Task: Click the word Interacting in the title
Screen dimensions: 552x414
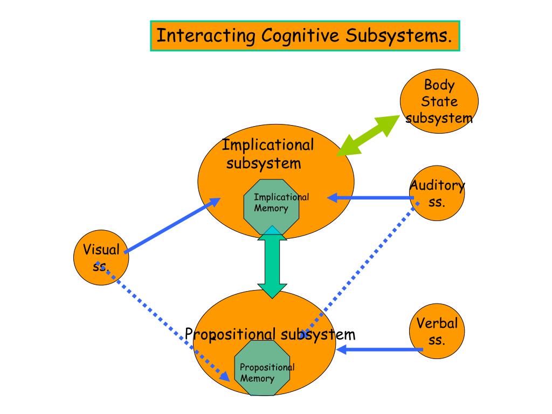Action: pyautogui.click(x=206, y=36)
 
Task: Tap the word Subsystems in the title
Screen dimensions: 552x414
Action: pyautogui.click(x=398, y=36)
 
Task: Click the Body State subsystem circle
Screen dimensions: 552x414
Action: pyautogui.click(x=439, y=101)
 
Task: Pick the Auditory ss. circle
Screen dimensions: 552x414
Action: pyautogui.click(x=437, y=194)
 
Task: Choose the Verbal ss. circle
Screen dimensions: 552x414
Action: pyautogui.click(x=437, y=332)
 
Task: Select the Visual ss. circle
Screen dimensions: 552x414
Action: pyautogui.click(x=101, y=258)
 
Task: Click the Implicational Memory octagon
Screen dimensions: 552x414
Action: pyautogui.click(x=272, y=207)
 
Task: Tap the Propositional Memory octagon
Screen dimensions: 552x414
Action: pyautogui.click(x=263, y=368)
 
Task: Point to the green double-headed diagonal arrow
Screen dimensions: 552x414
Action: pyautogui.click(x=368, y=135)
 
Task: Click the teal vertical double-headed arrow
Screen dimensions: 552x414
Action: pyautogui.click(x=272, y=263)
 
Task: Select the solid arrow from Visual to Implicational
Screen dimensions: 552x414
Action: pyautogui.click(x=172, y=225)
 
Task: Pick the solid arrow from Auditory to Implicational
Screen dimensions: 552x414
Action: pyautogui.click(x=371, y=198)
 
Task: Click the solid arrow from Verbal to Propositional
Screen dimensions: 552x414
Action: pyautogui.click(x=379, y=349)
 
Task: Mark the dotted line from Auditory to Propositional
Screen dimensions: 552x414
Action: pyautogui.click(x=359, y=270)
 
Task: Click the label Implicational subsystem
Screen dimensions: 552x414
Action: pyautogui.click(x=268, y=154)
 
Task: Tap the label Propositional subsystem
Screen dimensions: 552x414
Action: pyautogui.click(x=270, y=334)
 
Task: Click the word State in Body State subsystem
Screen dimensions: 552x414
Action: pyautogui.click(x=439, y=101)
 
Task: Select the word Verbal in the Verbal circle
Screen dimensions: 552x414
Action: pyautogui.click(x=437, y=323)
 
